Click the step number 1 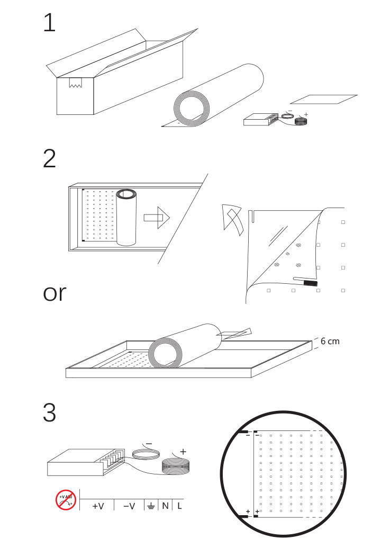coord(49,23)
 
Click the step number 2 coord(49,159)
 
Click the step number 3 coord(49,413)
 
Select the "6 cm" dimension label coord(330,342)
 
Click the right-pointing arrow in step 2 coord(157,217)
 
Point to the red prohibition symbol coord(66,500)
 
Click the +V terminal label coord(98,506)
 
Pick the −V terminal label coord(129,506)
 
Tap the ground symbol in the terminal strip coord(150,506)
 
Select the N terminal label coord(165,506)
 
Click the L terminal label coord(179,506)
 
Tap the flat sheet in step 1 coord(323,99)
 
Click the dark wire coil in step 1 coord(302,121)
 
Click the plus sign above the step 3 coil coord(183,452)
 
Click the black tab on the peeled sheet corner coord(310,284)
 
